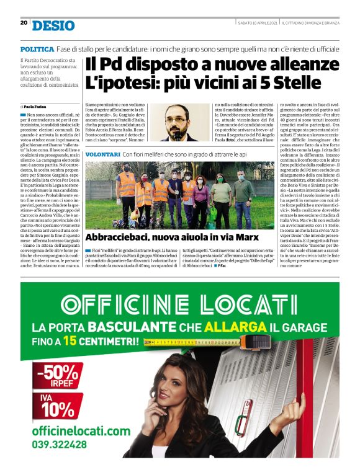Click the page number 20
[24, 22]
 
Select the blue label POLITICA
[37, 48]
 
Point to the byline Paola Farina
[37, 107]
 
